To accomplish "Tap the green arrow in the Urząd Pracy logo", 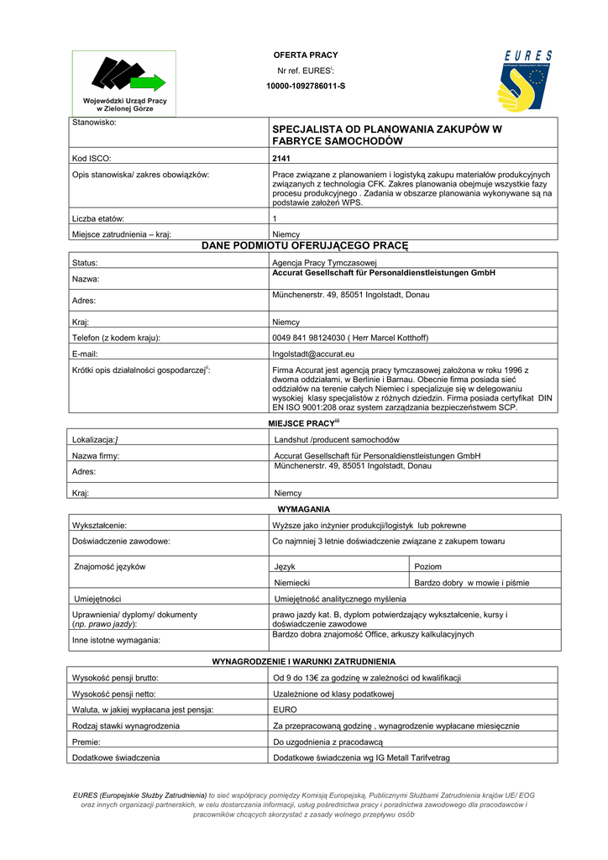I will click(x=149, y=81).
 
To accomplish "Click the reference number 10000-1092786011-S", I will click(x=306, y=86).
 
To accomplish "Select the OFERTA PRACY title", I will click(x=306, y=55).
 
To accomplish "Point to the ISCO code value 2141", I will click(x=281, y=158).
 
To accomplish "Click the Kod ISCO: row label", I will click(x=92, y=158).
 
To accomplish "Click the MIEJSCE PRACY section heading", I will click(x=303, y=422).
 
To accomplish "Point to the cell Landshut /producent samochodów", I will click(x=337, y=439).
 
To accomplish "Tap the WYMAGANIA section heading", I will click(x=303, y=509).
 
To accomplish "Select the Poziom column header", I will click(x=428, y=567).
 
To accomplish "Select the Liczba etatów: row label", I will click(x=99, y=218).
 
